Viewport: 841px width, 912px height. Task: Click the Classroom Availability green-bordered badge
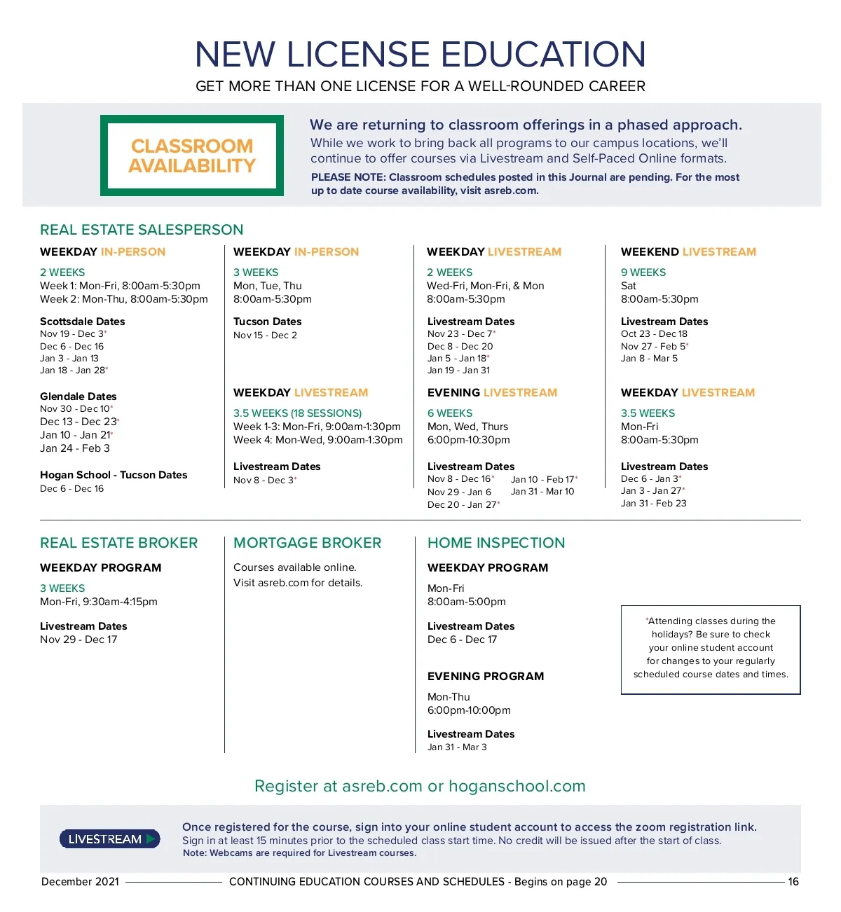click(x=192, y=156)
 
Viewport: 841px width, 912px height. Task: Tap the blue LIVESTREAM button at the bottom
click(x=109, y=839)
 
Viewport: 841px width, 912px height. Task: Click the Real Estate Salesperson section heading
click(x=142, y=230)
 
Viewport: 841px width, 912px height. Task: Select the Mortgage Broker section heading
click(x=307, y=543)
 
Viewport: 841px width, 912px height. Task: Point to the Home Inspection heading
click(x=496, y=543)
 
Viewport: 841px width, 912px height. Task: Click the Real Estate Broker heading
click(x=119, y=543)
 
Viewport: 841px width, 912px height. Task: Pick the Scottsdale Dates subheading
click(x=83, y=322)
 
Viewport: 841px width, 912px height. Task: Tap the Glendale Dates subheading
click(x=78, y=396)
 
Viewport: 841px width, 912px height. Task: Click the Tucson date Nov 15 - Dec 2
click(x=265, y=336)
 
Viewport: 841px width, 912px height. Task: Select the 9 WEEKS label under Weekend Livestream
click(x=643, y=272)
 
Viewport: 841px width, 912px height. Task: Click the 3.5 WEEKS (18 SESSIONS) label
click(x=298, y=413)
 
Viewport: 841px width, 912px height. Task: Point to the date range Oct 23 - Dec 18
click(x=654, y=334)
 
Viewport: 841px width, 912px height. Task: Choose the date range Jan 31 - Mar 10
click(x=542, y=492)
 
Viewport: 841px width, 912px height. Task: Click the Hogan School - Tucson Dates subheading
click(x=114, y=475)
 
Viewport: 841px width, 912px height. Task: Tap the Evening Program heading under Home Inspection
click(x=486, y=677)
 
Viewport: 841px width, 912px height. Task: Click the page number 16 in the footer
click(x=793, y=882)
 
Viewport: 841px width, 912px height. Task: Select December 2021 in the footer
click(x=80, y=882)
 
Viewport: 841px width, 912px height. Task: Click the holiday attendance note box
click(x=711, y=649)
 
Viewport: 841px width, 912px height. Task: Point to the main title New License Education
click(x=420, y=55)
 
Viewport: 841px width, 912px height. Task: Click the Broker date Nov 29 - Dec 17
click(x=78, y=640)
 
